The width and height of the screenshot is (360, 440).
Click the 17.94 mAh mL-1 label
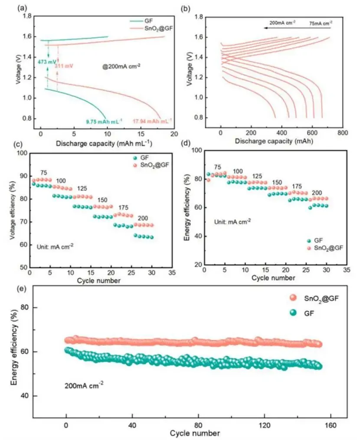click(x=152, y=120)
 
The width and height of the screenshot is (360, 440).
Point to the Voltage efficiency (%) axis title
click(x=13, y=210)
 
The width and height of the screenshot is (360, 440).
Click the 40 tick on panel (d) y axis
click(x=197, y=236)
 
